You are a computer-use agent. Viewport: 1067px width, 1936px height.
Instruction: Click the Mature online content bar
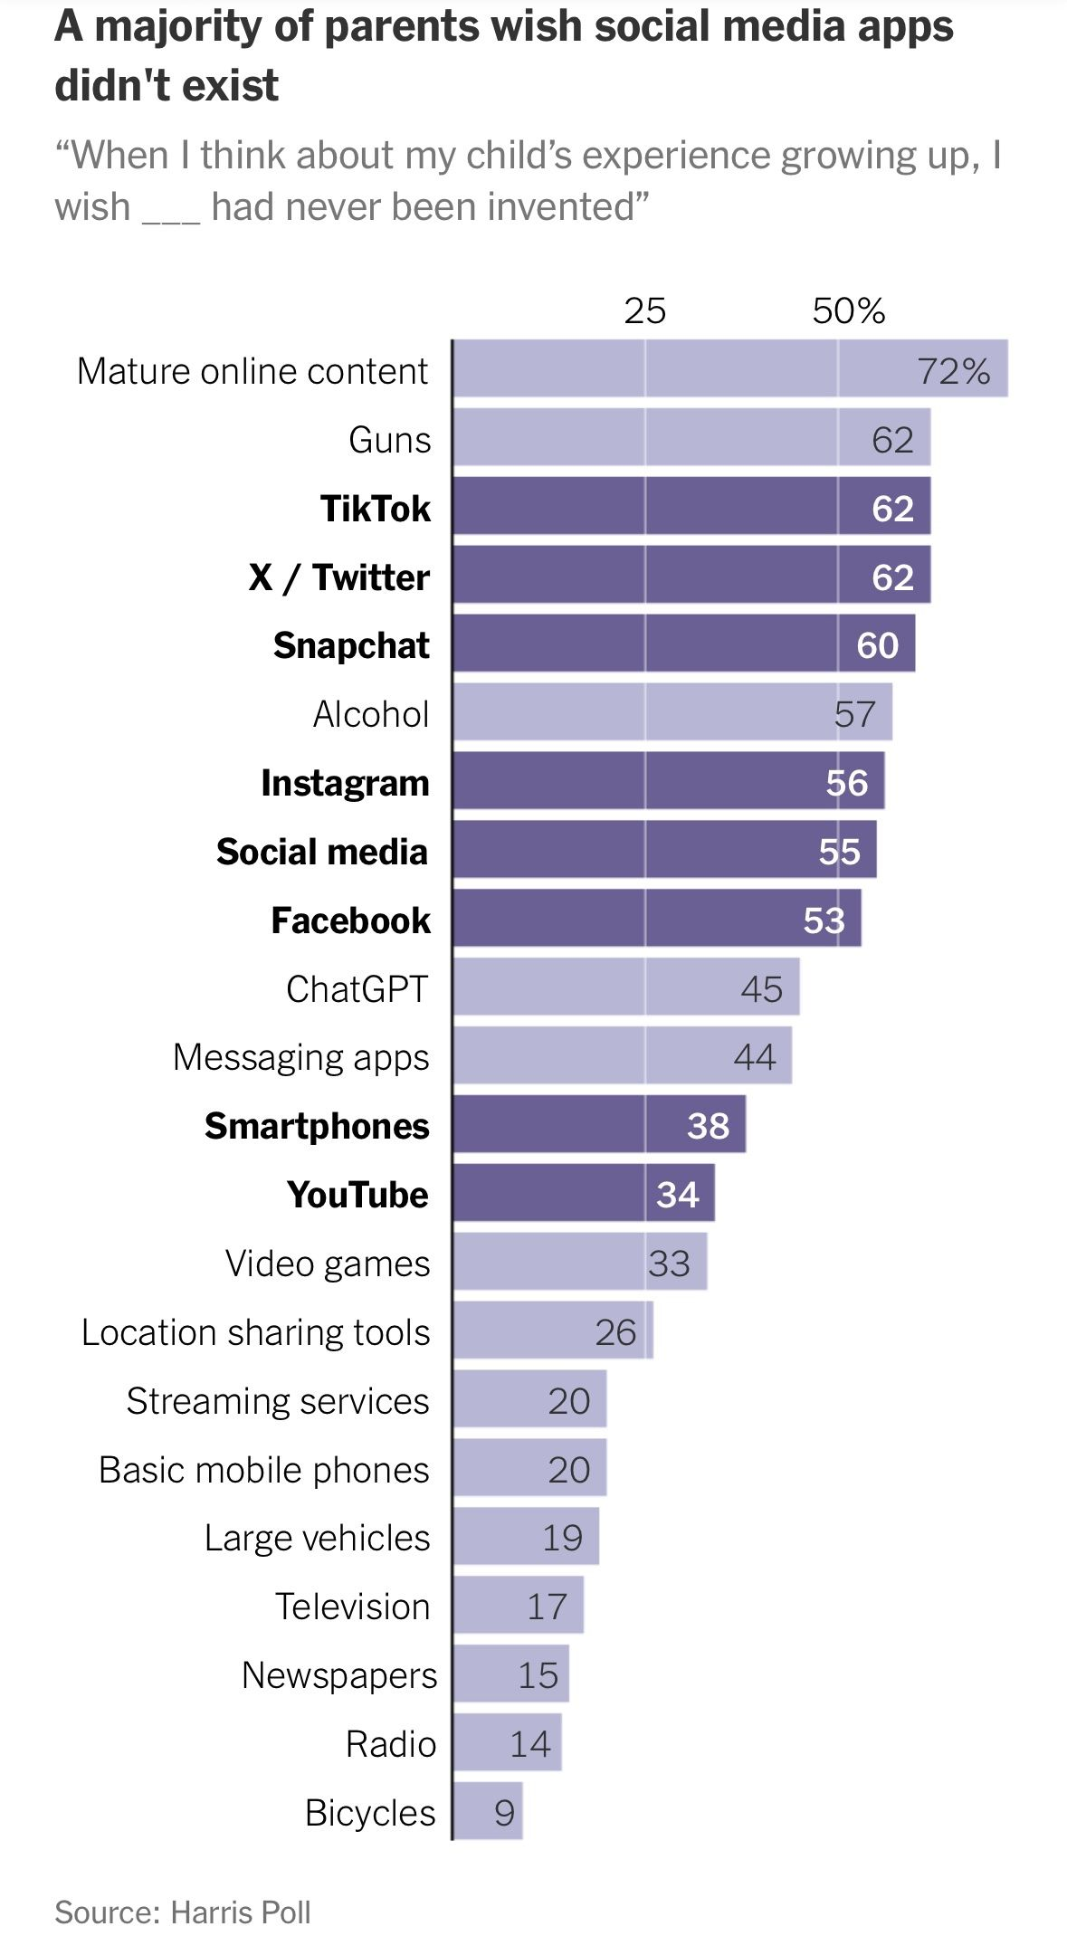(x=688, y=368)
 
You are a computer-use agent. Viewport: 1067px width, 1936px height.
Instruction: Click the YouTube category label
(x=357, y=1195)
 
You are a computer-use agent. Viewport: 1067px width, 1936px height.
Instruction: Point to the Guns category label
(x=390, y=440)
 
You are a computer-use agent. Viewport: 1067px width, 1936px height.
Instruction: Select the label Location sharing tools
(x=255, y=1332)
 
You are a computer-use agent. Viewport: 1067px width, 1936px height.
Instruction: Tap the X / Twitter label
(x=339, y=577)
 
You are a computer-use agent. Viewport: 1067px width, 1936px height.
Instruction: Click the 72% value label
(x=954, y=371)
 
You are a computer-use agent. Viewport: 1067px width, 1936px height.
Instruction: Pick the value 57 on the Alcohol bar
(x=854, y=714)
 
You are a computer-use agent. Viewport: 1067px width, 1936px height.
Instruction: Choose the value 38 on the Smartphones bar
(x=708, y=1126)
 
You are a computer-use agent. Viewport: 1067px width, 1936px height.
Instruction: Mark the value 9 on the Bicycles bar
(x=504, y=1813)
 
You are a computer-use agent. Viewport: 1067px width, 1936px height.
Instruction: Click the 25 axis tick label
(x=644, y=311)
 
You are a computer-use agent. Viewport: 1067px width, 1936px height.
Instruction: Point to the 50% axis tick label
(x=848, y=311)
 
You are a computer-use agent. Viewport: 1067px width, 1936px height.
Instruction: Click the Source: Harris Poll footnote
(x=183, y=1912)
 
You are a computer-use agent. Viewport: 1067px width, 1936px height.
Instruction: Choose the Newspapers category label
(x=339, y=1675)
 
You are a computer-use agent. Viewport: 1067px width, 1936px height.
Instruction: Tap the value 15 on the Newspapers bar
(x=538, y=1675)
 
